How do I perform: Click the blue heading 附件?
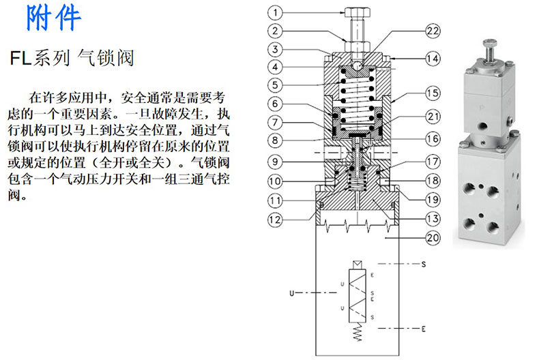click(x=53, y=18)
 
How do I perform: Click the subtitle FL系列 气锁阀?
click(x=72, y=58)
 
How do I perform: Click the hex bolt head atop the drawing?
click(x=357, y=13)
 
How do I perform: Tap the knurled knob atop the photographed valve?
click(x=489, y=44)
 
